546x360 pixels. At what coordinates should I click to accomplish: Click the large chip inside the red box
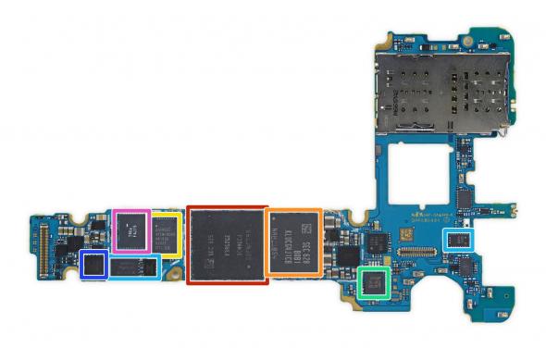227,244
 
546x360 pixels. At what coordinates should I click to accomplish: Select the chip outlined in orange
293,242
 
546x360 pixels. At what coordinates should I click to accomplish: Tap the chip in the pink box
130,230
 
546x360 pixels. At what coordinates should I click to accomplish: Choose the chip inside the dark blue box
93,266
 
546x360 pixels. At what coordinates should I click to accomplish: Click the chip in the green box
373,280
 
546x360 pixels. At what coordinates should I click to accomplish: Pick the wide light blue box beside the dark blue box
133,267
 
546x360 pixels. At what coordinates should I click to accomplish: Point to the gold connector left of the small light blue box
422,248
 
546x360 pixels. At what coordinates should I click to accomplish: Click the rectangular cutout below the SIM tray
416,171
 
